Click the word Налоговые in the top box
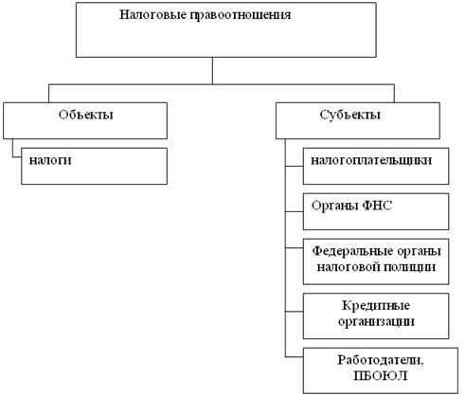pyautogui.click(x=152, y=15)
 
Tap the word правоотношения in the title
pyautogui.click(x=241, y=15)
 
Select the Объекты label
pyautogui.click(x=85, y=115)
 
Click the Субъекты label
pyautogui.click(x=349, y=115)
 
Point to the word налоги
pyautogui.click(x=50, y=160)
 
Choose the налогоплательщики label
pyautogui.click(x=371, y=160)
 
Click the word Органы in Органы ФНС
pyautogui.click(x=334, y=206)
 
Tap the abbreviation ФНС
pyautogui.click(x=377, y=206)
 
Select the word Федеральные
pyautogui.click(x=352, y=251)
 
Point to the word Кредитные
pyautogui.click(x=376, y=305)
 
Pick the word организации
pyautogui.click(x=376, y=321)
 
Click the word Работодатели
pyautogui.click(x=381, y=360)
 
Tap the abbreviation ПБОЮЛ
pyautogui.click(x=381, y=376)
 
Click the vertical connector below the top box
pyautogui.click(x=212, y=71)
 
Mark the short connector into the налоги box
pyautogui.click(x=17, y=156)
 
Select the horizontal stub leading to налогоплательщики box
pyautogui.click(x=295, y=166)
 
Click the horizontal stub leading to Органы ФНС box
pyautogui.click(x=295, y=211)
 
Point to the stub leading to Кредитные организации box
pyautogui.click(x=295, y=312)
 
